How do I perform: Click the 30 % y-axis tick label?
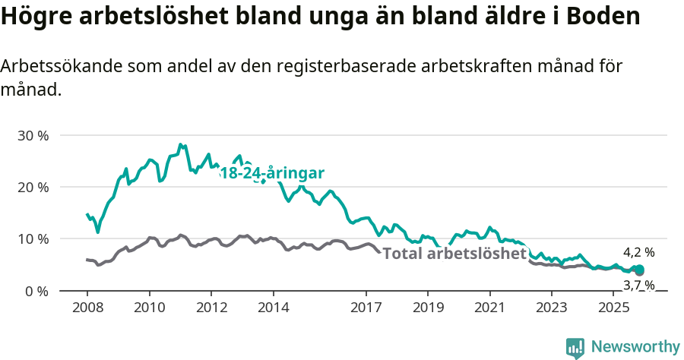pos(32,136)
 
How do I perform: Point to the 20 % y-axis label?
pos(32,188)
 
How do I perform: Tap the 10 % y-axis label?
pos(32,239)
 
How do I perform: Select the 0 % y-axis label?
pos(36,291)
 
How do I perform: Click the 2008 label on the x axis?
pos(87,308)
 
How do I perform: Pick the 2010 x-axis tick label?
pos(150,308)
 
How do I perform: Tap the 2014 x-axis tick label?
pos(273,308)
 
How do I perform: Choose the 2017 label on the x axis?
pos(366,308)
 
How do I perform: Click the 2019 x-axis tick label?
pos(427,308)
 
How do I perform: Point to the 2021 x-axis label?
pos(489,308)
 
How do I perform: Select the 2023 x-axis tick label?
pos(551,308)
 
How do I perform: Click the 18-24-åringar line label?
pos(272,173)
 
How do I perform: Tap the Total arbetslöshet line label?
pos(454,254)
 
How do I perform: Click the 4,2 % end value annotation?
pos(638,252)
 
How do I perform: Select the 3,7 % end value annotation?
pos(638,286)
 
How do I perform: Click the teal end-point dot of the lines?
pos(639,270)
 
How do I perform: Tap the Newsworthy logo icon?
pos(575,347)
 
